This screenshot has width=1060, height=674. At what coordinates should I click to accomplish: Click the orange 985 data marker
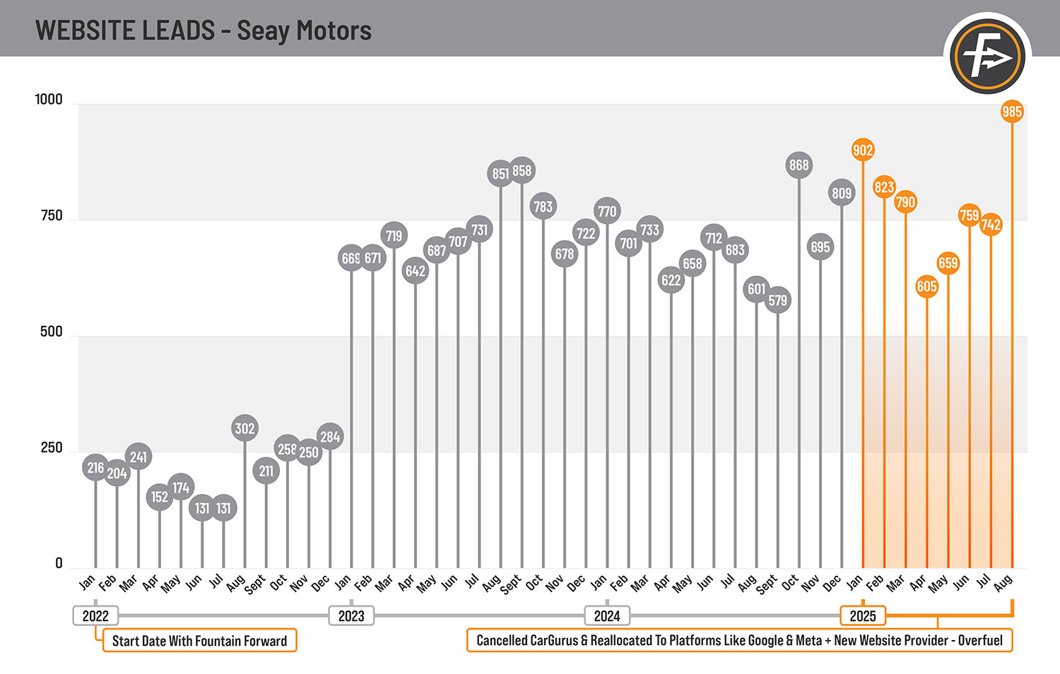click(1012, 112)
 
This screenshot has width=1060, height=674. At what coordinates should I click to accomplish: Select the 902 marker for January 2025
click(863, 150)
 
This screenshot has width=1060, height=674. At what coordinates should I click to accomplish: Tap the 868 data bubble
click(799, 165)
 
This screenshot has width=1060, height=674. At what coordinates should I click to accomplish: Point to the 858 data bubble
click(522, 170)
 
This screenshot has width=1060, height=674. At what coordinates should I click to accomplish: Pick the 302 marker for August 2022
click(245, 428)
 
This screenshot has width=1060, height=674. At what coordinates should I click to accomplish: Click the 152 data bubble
click(160, 497)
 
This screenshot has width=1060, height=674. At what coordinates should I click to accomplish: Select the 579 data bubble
click(777, 300)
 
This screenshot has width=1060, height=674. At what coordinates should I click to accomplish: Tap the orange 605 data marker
click(926, 287)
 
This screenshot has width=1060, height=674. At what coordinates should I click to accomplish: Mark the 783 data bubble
click(543, 206)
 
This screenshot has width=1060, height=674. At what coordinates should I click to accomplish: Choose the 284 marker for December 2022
click(330, 437)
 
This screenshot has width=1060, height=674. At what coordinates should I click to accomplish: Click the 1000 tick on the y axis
click(49, 100)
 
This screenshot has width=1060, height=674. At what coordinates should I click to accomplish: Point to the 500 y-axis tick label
click(51, 331)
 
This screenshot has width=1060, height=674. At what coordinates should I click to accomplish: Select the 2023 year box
click(351, 616)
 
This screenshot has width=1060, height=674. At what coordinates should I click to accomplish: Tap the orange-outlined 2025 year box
click(863, 616)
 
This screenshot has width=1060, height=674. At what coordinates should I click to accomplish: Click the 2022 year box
click(95, 616)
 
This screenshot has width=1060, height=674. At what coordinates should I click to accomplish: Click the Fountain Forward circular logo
click(987, 57)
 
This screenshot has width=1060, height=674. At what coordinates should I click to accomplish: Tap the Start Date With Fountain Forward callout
click(200, 640)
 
